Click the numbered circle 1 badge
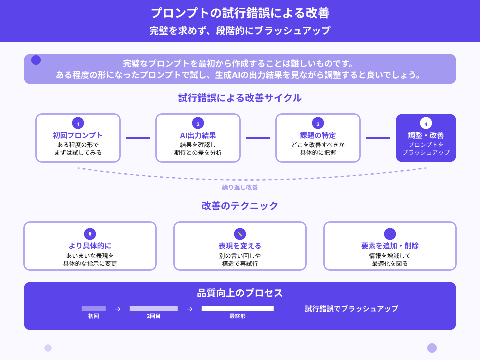click(78, 123)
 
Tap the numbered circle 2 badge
click(198, 123)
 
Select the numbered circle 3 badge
click(318, 123)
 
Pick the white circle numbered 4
click(426, 123)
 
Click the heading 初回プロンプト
click(78, 135)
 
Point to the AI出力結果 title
click(198, 135)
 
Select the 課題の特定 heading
click(318, 135)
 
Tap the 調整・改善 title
click(426, 135)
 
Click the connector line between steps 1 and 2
click(138, 138)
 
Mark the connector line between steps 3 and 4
click(378, 138)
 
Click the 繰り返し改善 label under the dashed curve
click(240, 187)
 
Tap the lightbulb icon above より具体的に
click(90, 234)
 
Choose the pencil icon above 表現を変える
click(240, 234)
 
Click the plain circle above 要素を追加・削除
click(390, 234)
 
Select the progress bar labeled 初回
click(94, 308)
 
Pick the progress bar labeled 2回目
click(154, 308)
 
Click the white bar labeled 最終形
click(238, 308)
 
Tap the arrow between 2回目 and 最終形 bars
click(190, 309)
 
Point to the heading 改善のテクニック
click(240, 206)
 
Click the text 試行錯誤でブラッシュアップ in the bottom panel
click(352, 309)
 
